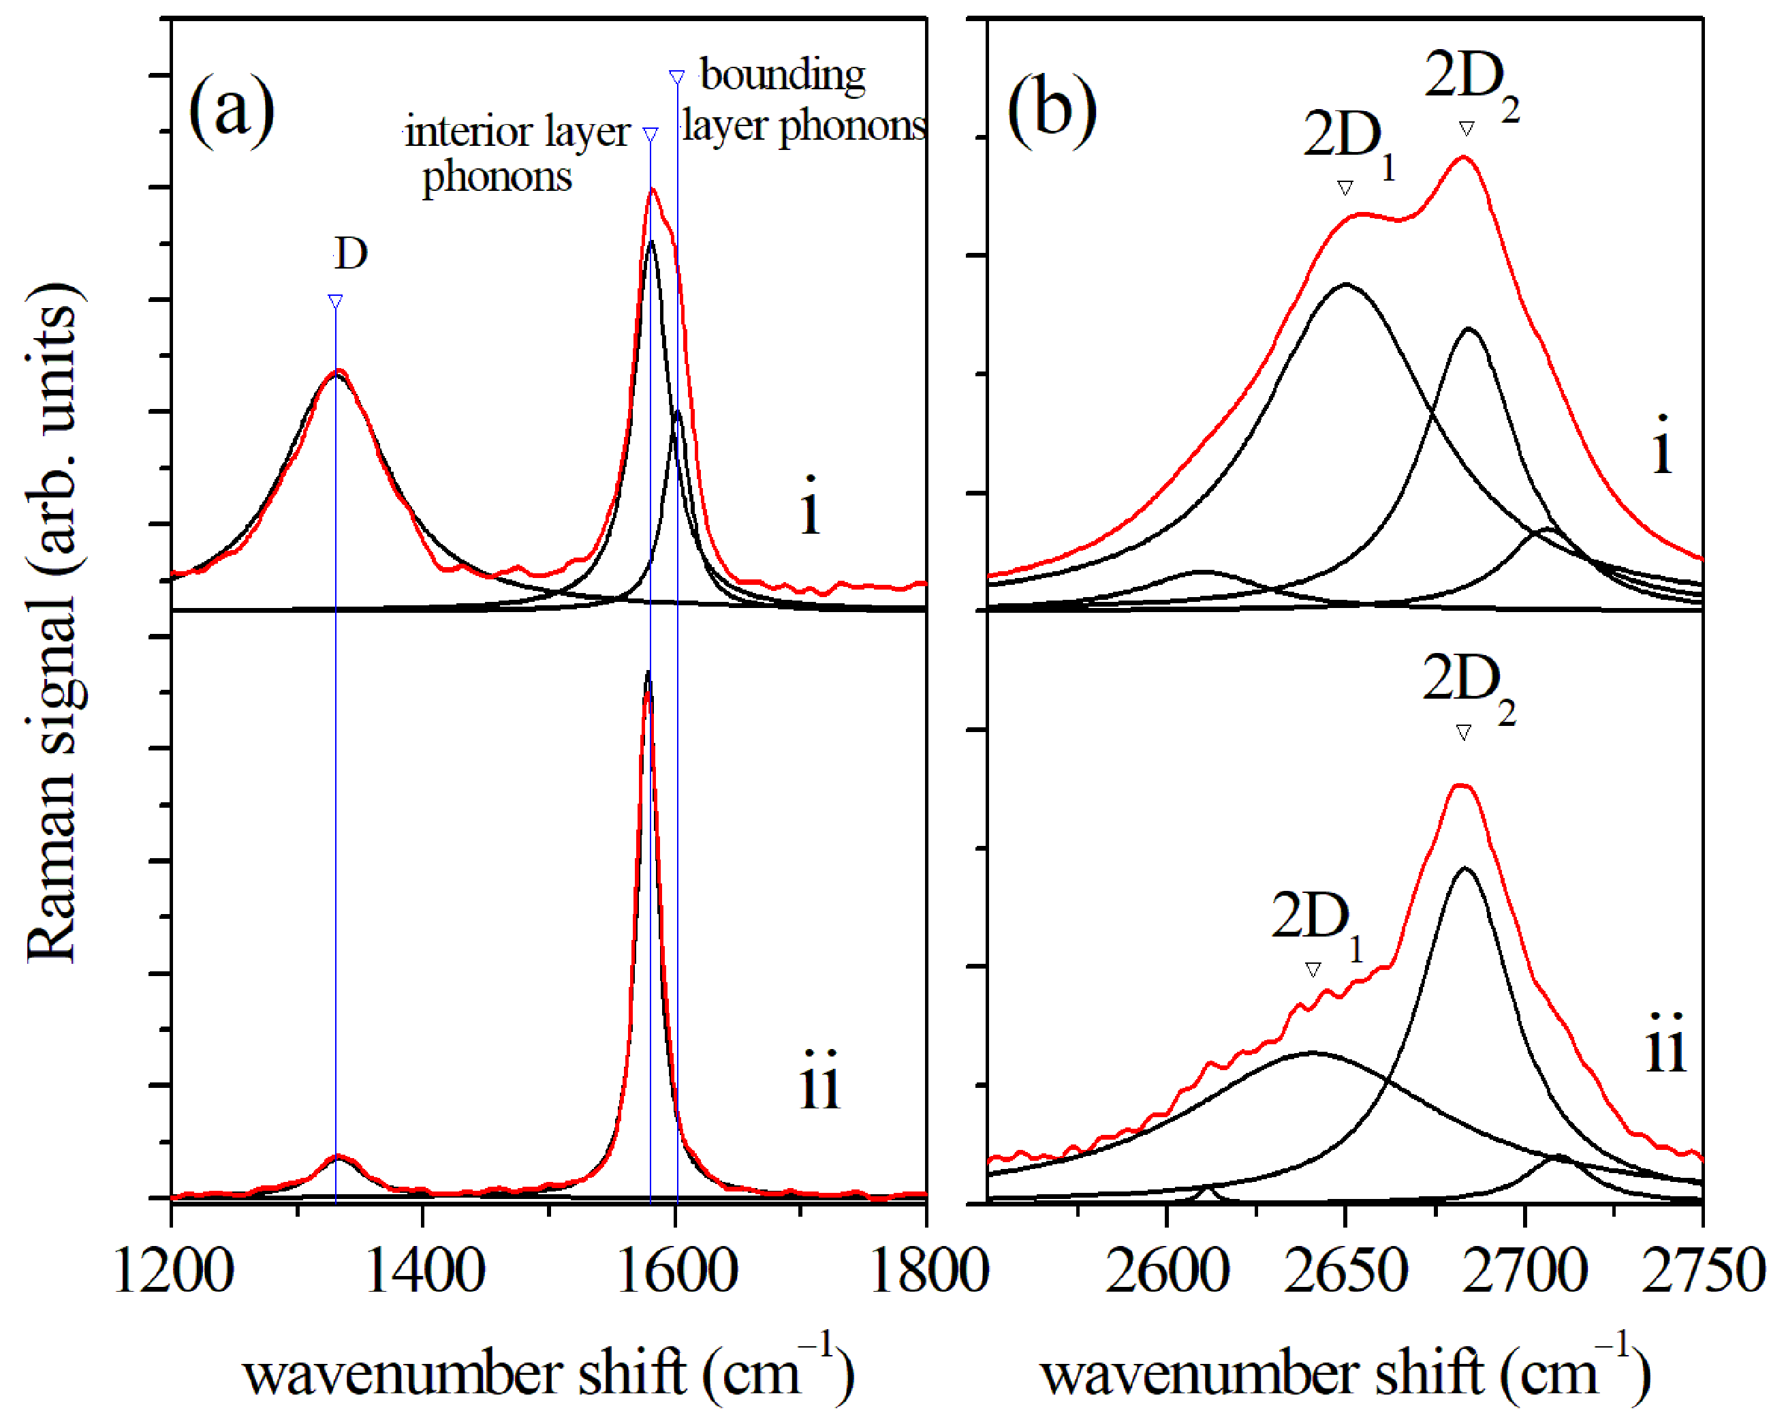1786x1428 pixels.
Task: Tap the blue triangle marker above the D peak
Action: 334,301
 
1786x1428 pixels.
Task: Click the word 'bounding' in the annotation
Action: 782,76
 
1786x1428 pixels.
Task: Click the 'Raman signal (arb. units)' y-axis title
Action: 54,622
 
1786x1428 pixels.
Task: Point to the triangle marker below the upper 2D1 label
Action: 1345,188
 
